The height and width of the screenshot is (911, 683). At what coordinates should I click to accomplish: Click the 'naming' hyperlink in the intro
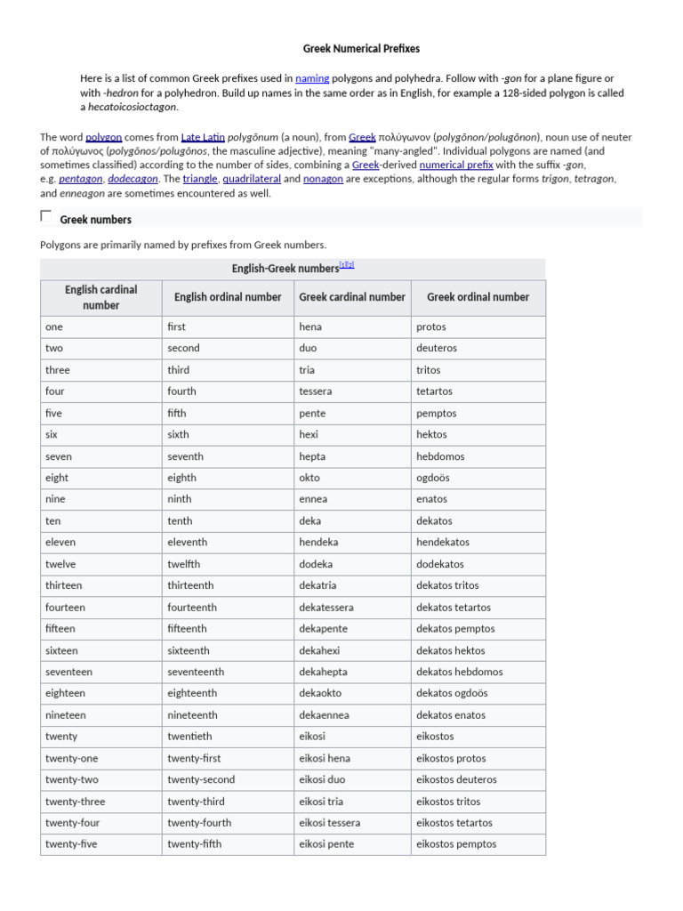(312, 78)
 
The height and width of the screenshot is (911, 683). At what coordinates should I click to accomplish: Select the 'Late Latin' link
(203, 137)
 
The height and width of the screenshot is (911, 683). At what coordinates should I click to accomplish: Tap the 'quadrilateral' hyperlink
(251, 179)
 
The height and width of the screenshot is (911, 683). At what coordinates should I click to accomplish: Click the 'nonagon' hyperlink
(323, 179)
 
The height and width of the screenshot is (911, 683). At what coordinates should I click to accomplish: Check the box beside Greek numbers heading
(46, 216)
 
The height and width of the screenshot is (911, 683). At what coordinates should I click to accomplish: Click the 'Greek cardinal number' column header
(352, 297)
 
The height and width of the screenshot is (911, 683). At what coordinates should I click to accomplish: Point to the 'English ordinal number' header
(228, 297)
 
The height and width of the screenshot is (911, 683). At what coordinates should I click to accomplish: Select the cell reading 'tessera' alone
(316, 391)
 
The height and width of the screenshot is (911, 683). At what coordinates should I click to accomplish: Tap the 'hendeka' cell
(318, 543)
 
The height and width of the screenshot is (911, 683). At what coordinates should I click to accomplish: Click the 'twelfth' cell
(184, 564)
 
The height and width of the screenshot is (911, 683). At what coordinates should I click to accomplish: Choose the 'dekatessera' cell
(326, 608)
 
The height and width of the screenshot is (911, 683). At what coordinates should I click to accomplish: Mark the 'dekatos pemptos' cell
(456, 629)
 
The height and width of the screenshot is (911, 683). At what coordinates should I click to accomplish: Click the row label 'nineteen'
(66, 715)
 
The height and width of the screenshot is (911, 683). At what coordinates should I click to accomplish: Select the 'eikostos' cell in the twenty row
(435, 737)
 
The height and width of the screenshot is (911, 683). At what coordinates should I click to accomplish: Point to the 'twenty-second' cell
(201, 780)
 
